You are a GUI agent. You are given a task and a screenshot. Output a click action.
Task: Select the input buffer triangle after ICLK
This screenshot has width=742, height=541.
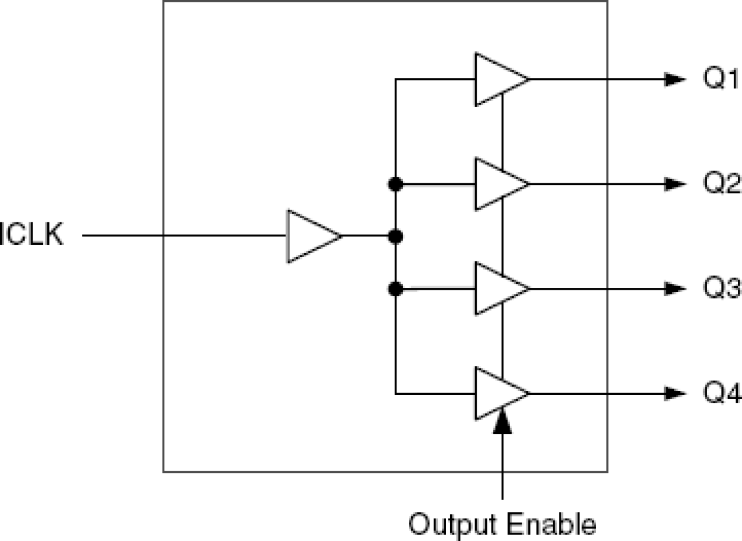[311, 236]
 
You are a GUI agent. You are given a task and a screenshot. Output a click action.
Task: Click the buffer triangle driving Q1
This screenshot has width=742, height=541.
[499, 80]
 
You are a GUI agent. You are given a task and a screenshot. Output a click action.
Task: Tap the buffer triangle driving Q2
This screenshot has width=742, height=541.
[499, 184]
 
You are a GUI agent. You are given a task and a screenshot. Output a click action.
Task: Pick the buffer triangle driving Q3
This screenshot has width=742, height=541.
[499, 289]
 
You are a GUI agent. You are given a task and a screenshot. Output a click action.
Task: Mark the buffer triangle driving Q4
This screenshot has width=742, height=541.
[499, 393]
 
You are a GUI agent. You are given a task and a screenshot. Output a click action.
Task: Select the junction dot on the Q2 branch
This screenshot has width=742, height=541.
[396, 184]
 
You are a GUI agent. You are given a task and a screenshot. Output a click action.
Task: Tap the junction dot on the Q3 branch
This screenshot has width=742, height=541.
[396, 289]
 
